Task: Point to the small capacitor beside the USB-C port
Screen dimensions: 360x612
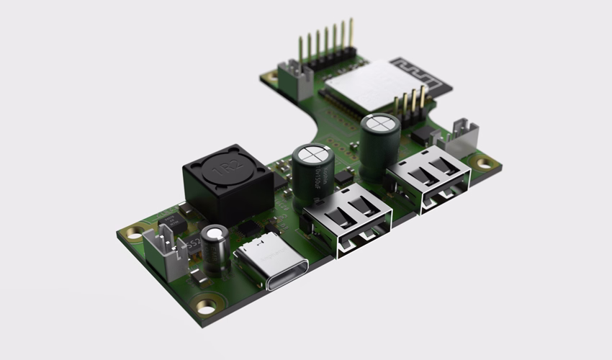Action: click(214, 248)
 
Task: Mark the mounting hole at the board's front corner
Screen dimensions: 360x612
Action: click(207, 307)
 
